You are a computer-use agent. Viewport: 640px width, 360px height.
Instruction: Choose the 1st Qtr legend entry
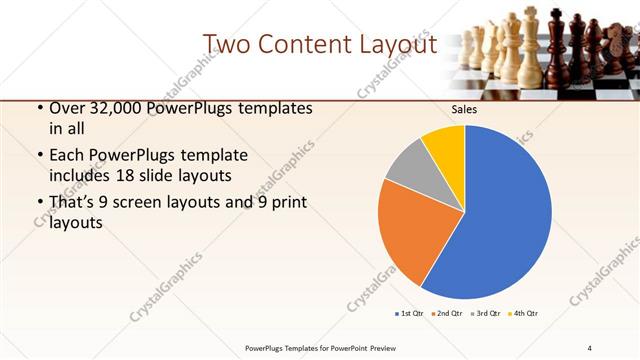pos(411,314)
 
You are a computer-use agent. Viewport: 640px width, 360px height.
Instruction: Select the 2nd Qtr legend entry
pos(447,314)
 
